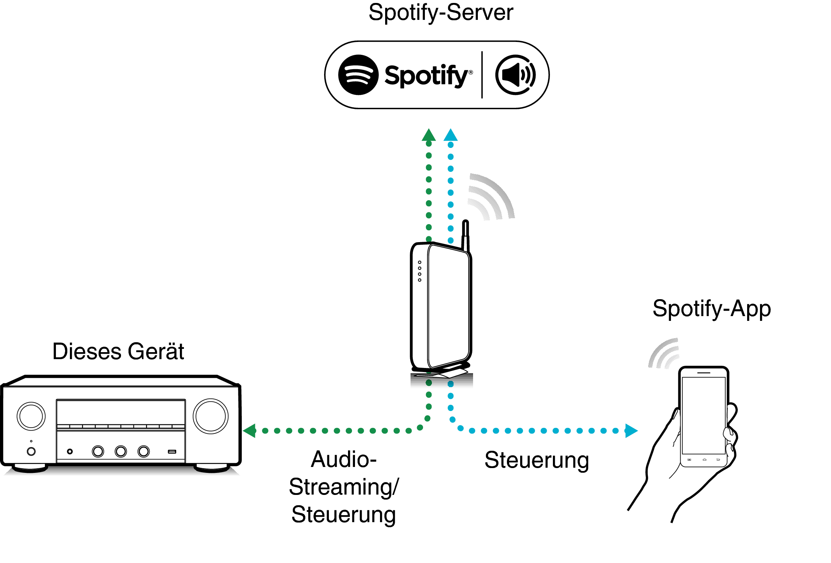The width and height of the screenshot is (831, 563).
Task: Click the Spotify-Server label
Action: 440,13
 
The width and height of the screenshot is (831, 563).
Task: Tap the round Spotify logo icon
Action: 358,75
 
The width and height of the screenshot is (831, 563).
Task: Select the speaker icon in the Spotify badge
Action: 515,75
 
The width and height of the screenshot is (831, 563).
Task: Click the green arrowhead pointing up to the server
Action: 429,135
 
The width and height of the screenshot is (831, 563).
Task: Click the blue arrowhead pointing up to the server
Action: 450,135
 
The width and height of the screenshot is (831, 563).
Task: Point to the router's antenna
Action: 465,234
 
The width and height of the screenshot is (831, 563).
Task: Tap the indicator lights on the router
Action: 419,271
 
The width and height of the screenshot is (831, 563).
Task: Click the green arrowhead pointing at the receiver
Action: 250,431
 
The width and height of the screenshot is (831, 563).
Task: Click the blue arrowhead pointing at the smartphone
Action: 631,431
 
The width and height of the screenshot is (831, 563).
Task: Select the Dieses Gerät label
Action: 118,351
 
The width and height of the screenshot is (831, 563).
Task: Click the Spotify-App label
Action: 711,309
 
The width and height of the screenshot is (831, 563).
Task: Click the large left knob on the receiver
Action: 31,416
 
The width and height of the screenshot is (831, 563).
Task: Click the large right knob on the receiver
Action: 210,416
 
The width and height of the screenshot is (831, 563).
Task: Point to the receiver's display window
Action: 121,412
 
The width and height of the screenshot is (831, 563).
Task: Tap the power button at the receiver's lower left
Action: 31,451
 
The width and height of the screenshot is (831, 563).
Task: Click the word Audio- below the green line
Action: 344,460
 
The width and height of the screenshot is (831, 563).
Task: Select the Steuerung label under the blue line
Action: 536,460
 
